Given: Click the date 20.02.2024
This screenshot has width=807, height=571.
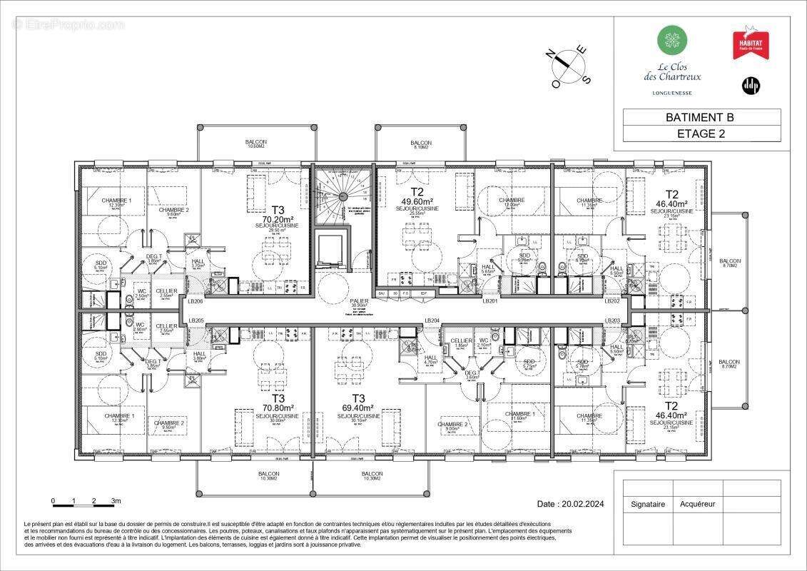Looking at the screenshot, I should pyautogui.click(x=571, y=504).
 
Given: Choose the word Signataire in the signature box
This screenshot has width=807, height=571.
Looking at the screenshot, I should pyautogui.click(x=647, y=504).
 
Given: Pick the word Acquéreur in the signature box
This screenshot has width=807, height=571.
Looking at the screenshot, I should pyautogui.click(x=697, y=504).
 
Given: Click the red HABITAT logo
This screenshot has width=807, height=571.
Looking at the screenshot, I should pyautogui.click(x=747, y=44).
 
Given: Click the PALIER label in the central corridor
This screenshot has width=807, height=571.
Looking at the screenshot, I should pyautogui.click(x=358, y=301).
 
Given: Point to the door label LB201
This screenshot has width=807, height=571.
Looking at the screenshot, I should pyautogui.click(x=489, y=301).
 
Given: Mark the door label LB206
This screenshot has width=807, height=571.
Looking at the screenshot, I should pyautogui.click(x=196, y=302).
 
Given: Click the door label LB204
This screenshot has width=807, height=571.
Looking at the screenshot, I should pyautogui.click(x=431, y=320).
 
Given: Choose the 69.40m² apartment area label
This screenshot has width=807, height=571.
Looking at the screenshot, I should pyautogui.click(x=358, y=409).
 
